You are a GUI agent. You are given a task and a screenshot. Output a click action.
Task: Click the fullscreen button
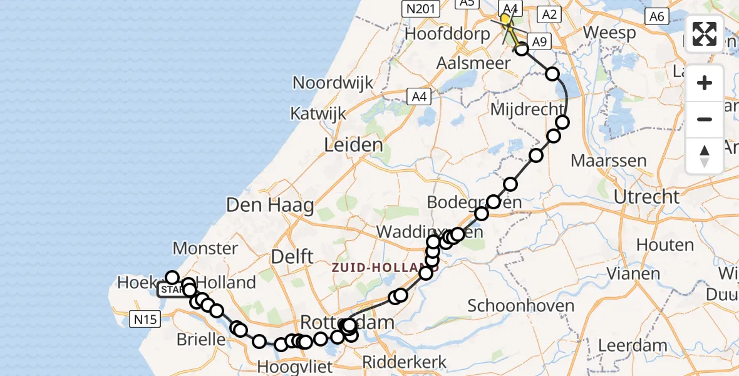click(x=705, y=34)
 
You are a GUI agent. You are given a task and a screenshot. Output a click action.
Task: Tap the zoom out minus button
click(x=705, y=120)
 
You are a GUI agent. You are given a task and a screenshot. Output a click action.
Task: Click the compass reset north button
click(x=705, y=155)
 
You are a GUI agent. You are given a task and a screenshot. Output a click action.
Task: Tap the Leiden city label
click(x=353, y=146)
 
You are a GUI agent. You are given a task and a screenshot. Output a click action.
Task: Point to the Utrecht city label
click(x=646, y=197)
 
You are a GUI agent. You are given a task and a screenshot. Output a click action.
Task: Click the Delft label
click(x=292, y=256)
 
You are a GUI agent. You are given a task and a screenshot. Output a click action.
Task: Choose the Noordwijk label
click(x=333, y=83)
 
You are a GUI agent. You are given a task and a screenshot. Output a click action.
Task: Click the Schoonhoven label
click(x=521, y=306)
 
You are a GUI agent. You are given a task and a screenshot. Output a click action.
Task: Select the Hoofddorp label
click(x=447, y=34)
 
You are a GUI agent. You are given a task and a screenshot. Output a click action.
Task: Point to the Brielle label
click(x=201, y=340)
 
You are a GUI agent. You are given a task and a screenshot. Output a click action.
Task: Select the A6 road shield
click(x=656, y=17)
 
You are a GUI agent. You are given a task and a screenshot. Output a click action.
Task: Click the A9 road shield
click(x=540, y=42)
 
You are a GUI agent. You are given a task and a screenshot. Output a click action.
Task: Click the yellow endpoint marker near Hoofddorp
click(x=505, y=19)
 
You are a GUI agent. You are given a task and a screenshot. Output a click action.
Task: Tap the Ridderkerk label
click(x=405, y=362)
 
